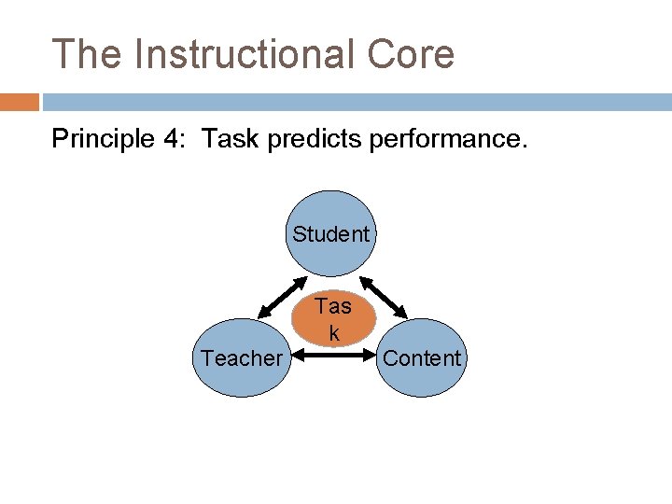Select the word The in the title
click(87, 54)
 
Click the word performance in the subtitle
click(449, 140)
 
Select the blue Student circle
click(331, 232)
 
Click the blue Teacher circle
click(241, 357)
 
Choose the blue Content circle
click(422, 357)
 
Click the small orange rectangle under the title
click(20, 101)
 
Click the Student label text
click(331, 233)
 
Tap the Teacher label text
click(241, 358)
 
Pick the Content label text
click(422, 358)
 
